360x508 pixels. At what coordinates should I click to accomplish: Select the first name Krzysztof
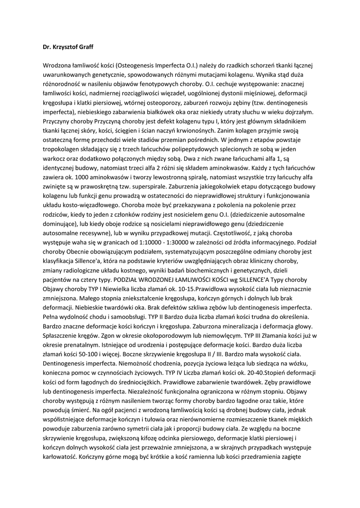click(61, 48)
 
